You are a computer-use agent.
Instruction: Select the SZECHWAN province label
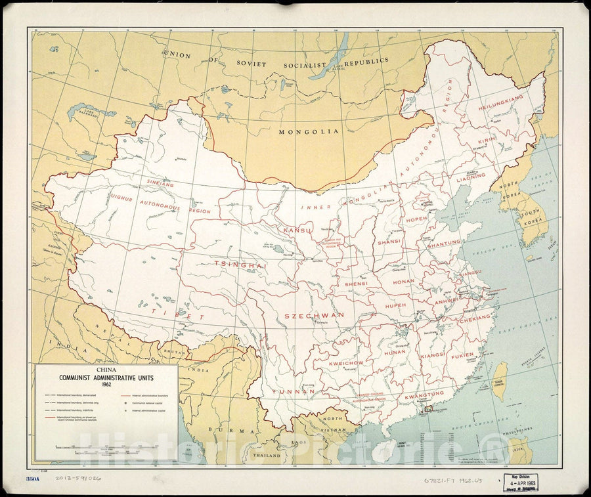(314, 315)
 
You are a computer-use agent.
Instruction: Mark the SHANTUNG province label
(444, 243)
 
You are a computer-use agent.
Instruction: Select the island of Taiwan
(500, 381)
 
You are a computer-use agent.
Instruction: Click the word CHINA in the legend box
(107, 370)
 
